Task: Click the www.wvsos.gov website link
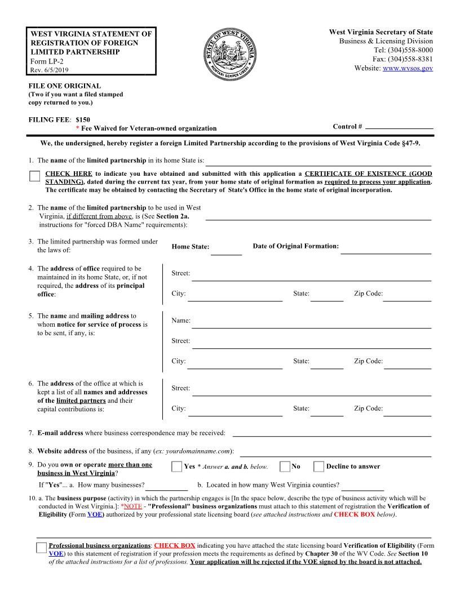tap(408, 68)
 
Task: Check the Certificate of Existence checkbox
tap(34, 176)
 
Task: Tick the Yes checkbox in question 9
tap(177, 467)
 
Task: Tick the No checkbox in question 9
tap(285, 467)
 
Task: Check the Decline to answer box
tap(319, 467)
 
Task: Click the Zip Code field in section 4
tap(407, 296)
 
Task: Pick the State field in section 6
tap(326, 411)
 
